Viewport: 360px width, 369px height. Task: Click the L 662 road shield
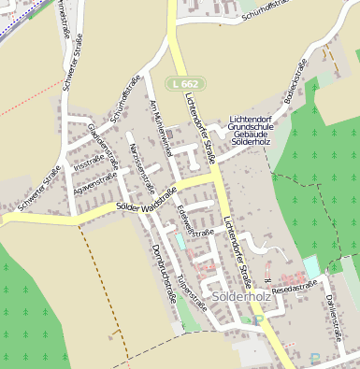183,84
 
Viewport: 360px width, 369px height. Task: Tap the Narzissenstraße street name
143,157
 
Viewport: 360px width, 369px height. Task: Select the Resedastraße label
295,289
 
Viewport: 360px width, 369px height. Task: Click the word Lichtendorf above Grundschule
253,121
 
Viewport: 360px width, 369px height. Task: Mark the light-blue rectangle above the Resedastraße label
311,267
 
